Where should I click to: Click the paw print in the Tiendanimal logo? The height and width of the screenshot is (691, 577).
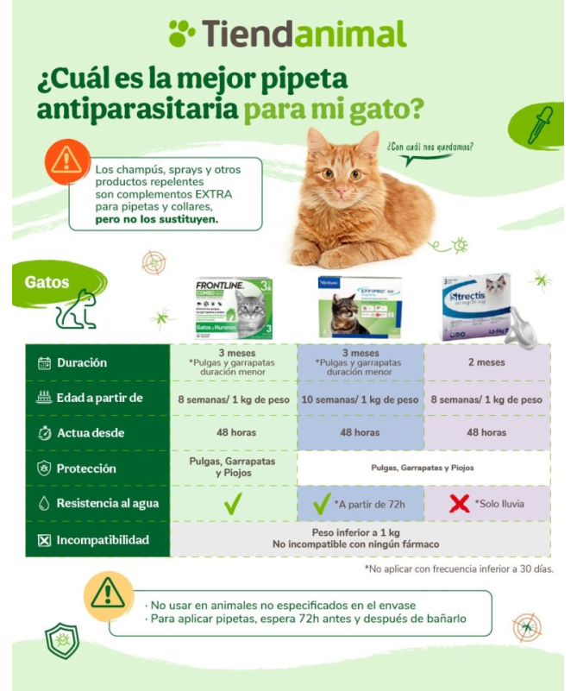182,34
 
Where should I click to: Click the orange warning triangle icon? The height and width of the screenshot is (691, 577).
65,161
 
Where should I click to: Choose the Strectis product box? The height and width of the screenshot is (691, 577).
475,307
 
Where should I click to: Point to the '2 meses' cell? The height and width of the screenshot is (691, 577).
486,362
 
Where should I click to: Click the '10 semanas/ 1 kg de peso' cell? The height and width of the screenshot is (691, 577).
360,399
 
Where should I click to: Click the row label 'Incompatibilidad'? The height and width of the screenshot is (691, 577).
103,541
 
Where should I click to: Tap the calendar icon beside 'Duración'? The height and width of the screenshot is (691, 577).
45,363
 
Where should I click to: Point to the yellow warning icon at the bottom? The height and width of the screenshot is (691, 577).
107,594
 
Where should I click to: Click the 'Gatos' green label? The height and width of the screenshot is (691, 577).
47,282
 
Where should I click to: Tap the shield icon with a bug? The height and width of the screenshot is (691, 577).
61,640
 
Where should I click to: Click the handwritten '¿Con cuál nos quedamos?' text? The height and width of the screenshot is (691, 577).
430,148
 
